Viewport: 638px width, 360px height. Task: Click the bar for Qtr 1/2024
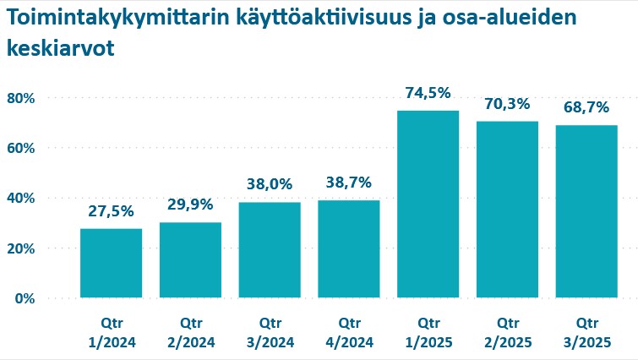(111, 263)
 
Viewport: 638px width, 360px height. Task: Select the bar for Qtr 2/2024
(190, 259)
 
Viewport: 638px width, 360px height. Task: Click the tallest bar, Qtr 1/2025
(428, 204)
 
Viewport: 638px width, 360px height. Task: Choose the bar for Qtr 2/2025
(507, 209)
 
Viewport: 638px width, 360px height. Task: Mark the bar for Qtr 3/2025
(586, 211)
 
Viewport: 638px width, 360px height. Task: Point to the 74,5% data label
(428, 94)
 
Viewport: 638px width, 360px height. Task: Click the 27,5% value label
(111, 211)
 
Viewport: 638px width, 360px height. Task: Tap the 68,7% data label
(586, 108)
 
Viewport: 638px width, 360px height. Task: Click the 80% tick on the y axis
(20, 98)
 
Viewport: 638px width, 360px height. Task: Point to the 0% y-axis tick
(24, 298)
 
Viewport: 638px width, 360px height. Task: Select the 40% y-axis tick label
(20, 198)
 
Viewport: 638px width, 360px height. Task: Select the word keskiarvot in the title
(60, 49)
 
